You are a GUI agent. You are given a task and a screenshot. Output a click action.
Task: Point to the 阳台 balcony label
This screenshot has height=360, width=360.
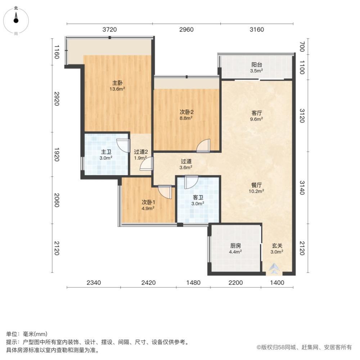coord(257,67)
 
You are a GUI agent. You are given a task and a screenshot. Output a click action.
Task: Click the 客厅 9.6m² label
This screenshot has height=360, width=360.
coord(257,115)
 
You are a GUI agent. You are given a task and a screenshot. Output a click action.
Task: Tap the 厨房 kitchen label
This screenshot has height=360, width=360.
coord(236,248)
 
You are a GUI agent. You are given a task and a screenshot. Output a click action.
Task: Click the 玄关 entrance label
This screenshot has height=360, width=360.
coord(277,248)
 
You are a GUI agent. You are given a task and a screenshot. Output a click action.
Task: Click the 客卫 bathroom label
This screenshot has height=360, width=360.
coord(198,200)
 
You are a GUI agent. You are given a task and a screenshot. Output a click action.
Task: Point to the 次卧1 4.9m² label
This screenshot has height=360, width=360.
coord(148,204)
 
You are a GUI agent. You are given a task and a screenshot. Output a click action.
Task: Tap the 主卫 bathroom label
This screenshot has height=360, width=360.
coord(106,154)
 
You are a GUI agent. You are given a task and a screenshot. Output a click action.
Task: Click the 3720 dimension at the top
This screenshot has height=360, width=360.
coord(109,30)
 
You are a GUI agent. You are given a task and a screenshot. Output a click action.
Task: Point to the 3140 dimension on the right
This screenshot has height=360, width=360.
coord(302,188)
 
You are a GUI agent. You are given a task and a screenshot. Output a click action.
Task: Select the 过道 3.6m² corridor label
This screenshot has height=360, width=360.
coord(186,164)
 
